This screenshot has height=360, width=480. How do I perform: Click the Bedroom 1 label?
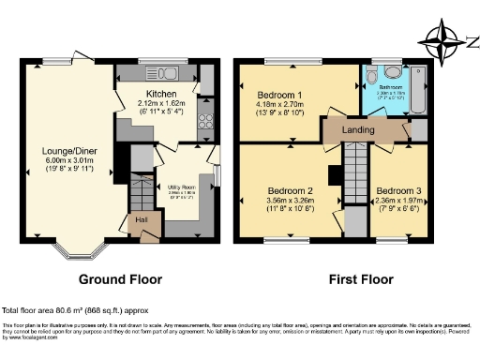(x=279, y=94)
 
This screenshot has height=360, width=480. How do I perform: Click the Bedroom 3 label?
(x=398, y=190)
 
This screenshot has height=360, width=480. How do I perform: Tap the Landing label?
(x=358, y=129)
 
